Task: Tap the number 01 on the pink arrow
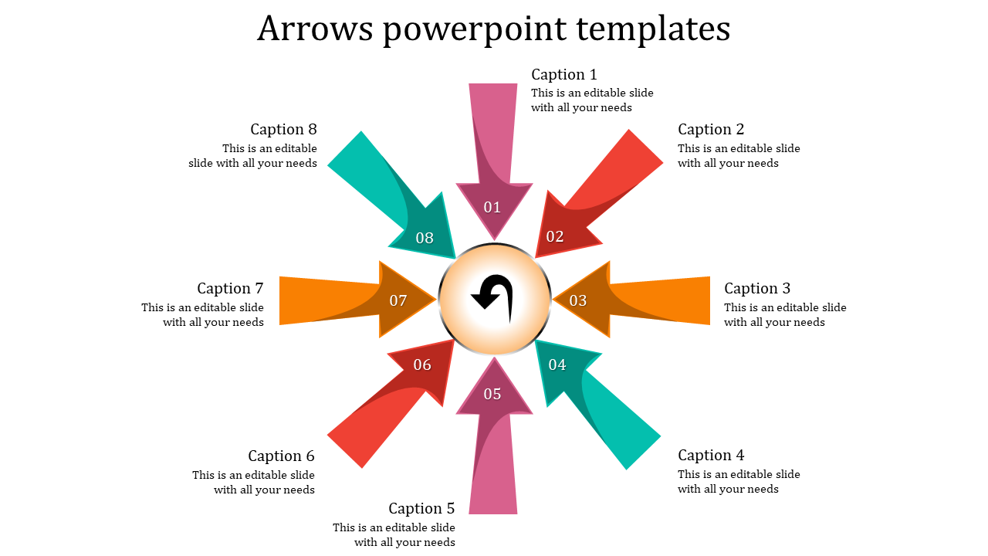492,207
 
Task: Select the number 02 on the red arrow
555,236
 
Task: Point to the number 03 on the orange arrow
578,300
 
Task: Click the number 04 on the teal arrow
557,364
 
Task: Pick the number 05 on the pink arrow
492,394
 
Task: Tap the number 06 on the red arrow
422,364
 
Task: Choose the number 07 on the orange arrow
398,300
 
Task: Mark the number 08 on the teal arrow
425,238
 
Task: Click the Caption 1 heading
564,75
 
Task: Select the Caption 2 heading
711,130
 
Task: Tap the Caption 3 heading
757,289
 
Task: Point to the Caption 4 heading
711,456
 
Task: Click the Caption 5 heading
421,509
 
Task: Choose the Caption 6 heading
281,456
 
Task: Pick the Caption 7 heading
230,289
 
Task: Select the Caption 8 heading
283,130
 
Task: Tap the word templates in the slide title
652,29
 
